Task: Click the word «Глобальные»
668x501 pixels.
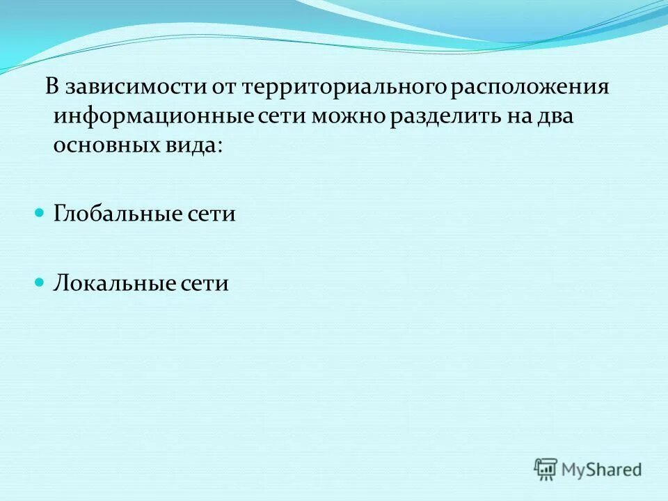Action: point(113,214)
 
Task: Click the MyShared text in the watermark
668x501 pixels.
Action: point(602,469)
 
